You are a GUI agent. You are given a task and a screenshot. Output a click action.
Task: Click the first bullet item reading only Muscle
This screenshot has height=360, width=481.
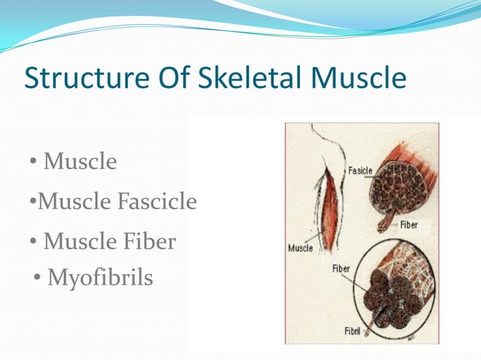click(80, 161)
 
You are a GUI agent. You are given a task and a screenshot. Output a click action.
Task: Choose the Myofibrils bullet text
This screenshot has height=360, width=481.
click(100, 278)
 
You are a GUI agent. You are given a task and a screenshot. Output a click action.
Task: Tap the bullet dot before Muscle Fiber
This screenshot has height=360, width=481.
click(35, 243)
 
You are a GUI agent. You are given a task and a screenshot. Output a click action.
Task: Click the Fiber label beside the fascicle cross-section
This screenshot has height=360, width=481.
click(409, 224)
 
